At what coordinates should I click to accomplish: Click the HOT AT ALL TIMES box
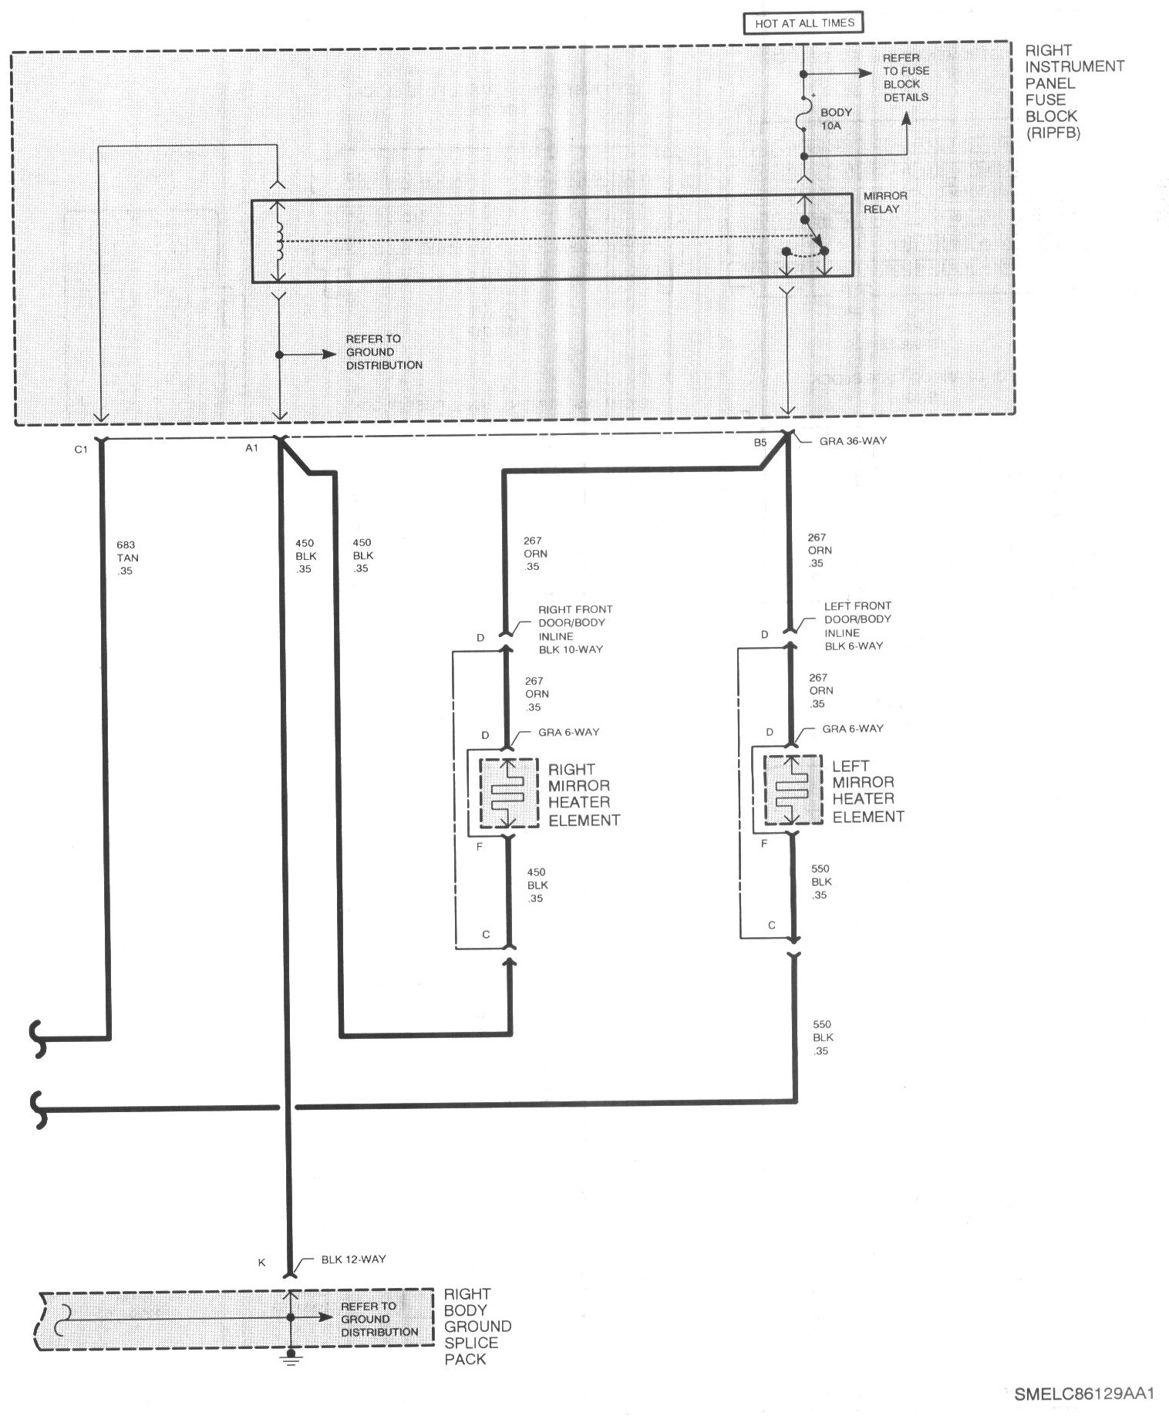(x=804, y=23)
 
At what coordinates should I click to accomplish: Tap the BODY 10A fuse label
(x=835, y=118)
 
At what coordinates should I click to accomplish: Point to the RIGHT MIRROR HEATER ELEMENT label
(x=584, y=794)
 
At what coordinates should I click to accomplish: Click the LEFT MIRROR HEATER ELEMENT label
(x=867, y=791)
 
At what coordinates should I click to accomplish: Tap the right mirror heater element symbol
(x=508, y=794)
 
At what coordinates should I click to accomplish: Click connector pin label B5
(x=760, y=443)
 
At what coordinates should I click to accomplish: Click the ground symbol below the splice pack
(x=291, y=1357)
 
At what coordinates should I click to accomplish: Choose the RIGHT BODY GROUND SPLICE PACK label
(x=477, y=1326)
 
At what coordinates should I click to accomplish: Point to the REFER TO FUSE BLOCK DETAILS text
(x=905, y=78)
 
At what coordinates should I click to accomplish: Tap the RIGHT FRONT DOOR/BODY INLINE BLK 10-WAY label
(x=574, y=629)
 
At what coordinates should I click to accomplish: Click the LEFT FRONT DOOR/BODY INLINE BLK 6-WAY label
(x=857, y=625)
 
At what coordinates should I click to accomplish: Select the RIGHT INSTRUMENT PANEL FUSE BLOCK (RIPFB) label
(x=1073, y=91)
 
